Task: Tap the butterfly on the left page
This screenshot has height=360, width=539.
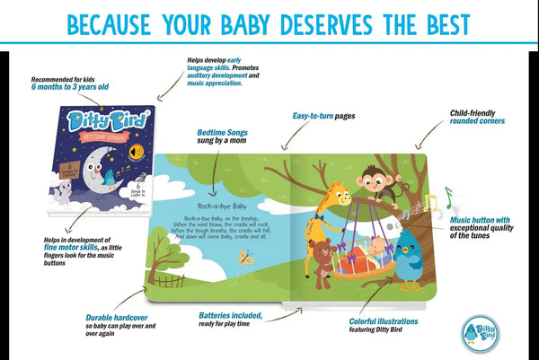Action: [x=244, y=259]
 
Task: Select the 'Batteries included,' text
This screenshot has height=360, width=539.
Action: [x=230, y=315]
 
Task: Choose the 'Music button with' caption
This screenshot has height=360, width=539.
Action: [x=479, y=219]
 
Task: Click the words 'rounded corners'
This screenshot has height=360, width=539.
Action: [x=478, y=121]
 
